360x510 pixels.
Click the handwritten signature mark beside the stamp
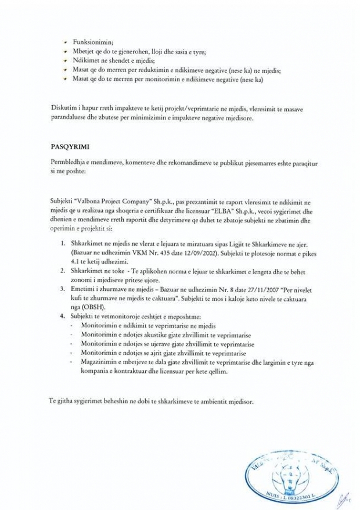click(343, 498)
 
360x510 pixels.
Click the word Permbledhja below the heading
click(70, 164)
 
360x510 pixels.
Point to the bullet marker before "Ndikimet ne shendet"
click(66, 60)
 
